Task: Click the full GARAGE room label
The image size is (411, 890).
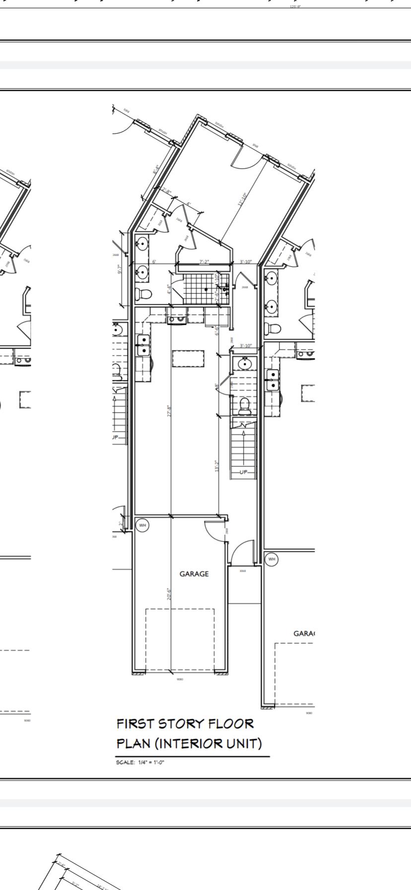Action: pos(194,574)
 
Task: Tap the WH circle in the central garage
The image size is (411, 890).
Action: pos(142,525)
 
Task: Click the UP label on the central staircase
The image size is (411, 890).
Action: pos(243,472)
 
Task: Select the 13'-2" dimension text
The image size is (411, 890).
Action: pos(216,465)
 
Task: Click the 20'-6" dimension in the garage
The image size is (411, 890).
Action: pos(169,594)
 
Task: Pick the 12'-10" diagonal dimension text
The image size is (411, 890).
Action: pos(242,200)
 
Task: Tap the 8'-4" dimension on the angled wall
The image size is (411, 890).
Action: pos(155,169)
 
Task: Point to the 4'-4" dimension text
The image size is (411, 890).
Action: pos(169,289)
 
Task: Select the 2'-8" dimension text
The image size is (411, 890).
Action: pos(167,191)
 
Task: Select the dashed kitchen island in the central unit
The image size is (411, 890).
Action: pos(188,358)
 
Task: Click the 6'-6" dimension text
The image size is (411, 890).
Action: pos(217,331)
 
